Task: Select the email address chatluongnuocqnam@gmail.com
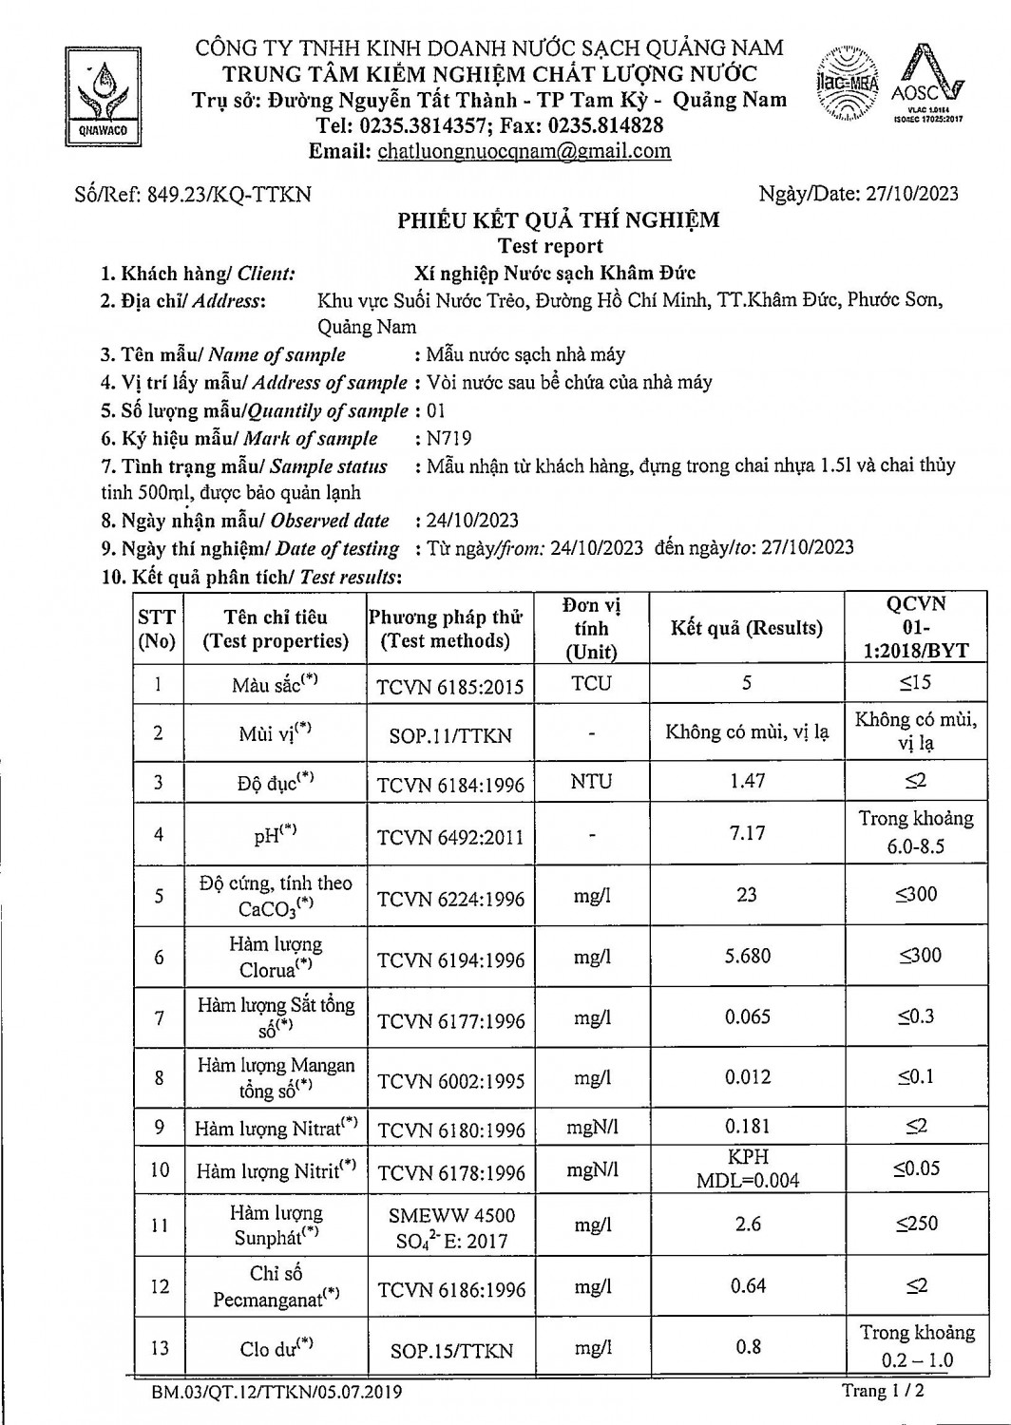[524, 151]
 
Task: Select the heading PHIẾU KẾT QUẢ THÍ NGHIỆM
[558, 220]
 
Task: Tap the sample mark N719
[449, 439]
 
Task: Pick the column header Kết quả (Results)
[747, 628]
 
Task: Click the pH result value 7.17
[747, 833]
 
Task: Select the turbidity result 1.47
[747, 781]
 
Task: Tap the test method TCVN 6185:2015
[450, 687]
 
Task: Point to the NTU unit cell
[591, 782]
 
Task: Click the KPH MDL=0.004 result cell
[747, 1168]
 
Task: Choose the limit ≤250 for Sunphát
[916, 1225]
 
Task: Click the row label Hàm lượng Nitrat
[276, 1129]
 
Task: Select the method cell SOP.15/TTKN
[450, 1350]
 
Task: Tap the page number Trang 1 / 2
[883, 1391]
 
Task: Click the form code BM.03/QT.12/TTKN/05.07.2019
[276, 1393]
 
